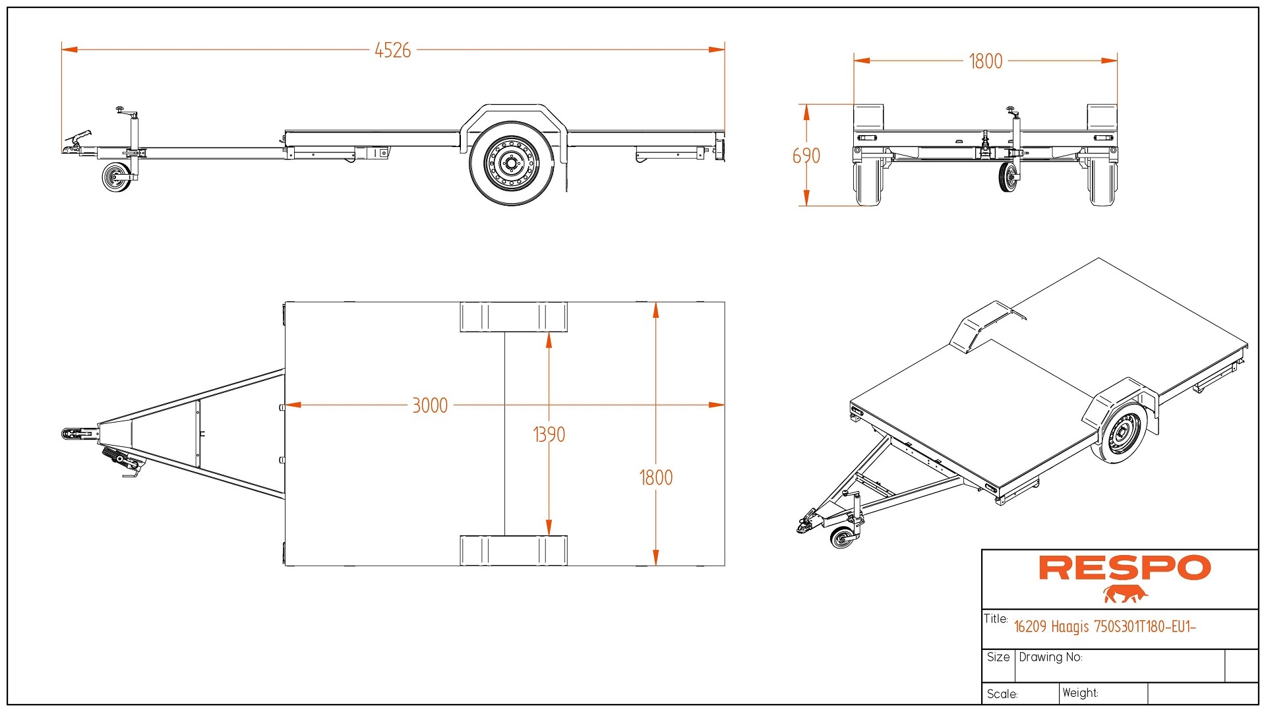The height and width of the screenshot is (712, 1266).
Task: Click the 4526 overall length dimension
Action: (x=392, y=50)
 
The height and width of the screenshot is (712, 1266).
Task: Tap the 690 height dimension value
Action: (x=806, y=156)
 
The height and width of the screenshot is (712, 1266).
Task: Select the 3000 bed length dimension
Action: (x=430, y=405)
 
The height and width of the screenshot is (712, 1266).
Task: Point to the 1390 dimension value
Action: (x=549, y=434)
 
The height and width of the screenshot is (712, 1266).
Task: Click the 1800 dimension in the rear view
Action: (x=985, y=61)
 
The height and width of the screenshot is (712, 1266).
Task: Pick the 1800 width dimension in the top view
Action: (x=655, y=477)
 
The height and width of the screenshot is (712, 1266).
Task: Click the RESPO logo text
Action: (x=1124, y=568)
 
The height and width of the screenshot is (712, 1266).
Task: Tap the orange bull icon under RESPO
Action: (x=1125, y=594)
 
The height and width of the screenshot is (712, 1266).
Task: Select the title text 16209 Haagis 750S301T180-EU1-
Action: (x=1104, y=626)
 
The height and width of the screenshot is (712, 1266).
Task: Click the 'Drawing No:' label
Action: (x=1050, y=657)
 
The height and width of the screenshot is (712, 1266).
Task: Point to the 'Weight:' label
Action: (x=1080, y=693)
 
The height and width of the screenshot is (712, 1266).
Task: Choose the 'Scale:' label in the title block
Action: (x=1002, y=694)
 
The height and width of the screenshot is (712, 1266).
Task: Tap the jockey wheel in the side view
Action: (x=116, y=177)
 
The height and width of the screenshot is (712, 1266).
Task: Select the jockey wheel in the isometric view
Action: (x=842, y=537)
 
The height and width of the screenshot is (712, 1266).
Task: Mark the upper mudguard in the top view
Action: (x=513, y=317)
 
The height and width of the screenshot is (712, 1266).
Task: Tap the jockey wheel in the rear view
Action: (x=1007, y=177)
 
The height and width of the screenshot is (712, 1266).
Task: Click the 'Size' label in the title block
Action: (x=998, y=657)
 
